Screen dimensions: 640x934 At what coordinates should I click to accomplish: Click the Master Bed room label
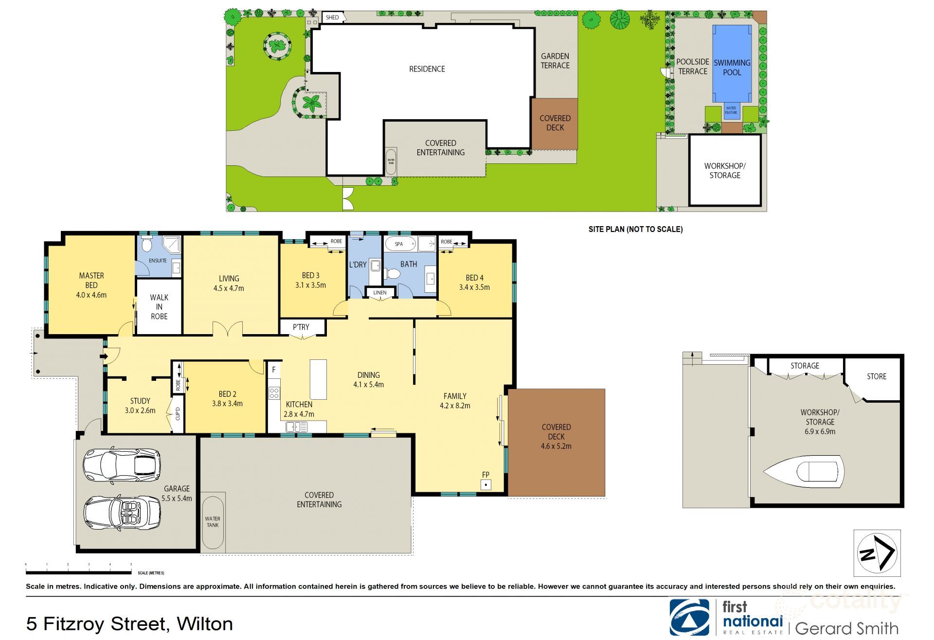tap(91, 281)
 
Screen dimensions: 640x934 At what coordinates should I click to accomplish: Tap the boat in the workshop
tap(804, 471)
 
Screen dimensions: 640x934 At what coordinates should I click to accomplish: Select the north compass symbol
tap(877, 553)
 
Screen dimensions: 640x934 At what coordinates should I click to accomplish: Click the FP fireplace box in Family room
tap(485, 484)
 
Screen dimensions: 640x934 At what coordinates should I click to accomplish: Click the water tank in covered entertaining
tap(213, 523)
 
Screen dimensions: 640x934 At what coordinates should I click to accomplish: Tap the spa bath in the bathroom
tap(400, 244)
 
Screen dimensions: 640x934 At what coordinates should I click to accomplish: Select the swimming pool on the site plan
tap(732, 63)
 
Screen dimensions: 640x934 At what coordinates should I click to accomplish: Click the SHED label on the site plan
tap(333, 18)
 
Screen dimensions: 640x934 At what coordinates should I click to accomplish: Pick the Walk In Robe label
tap(159, 306)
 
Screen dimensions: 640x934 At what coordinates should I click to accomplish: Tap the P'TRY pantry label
tap(301, 327)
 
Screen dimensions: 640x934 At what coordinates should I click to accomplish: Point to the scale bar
tap(78, 572)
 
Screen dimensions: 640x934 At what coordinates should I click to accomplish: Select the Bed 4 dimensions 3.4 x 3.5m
tap(474, 287)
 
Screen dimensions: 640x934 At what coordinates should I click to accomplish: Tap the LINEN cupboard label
tap(380, 292)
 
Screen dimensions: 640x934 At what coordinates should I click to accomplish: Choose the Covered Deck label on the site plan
tap(555, 123)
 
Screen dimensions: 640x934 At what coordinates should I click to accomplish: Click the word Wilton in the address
tap(205, 623)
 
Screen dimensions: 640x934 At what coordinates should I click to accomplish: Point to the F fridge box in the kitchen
tap(274, 370)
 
